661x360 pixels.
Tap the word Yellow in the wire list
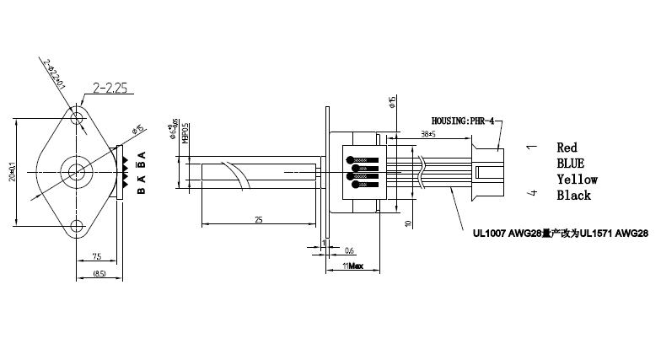point(577,180)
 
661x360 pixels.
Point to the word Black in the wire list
point(573,196)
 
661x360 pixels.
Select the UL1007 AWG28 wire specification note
point(561,230)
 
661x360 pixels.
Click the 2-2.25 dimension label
point(110,87)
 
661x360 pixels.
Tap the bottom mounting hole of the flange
point(79,225)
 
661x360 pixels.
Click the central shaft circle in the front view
point(79,170)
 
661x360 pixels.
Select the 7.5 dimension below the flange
point(97,256)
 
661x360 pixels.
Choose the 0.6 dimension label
point(350,250)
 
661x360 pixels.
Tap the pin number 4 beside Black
point(530,195)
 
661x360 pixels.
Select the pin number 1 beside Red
point(530,148)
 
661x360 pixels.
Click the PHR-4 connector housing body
point(488,172)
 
